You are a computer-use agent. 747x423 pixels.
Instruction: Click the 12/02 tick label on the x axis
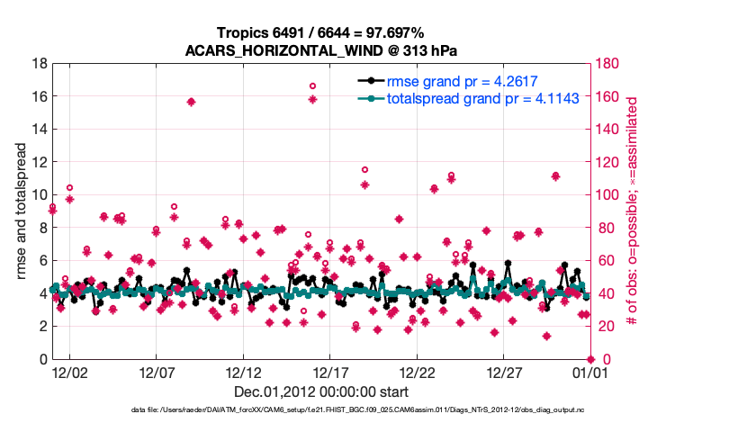tap(68, 373)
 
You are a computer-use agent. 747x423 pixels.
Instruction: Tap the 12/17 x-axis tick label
tap(329, 373)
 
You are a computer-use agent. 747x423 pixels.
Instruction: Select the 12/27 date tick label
tap(504, 373)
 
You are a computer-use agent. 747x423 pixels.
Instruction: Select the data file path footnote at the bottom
tap(373, 410)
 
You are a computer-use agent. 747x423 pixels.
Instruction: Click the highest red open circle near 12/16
tap(312, 85)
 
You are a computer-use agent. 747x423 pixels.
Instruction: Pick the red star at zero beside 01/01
tap(590, 359)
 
